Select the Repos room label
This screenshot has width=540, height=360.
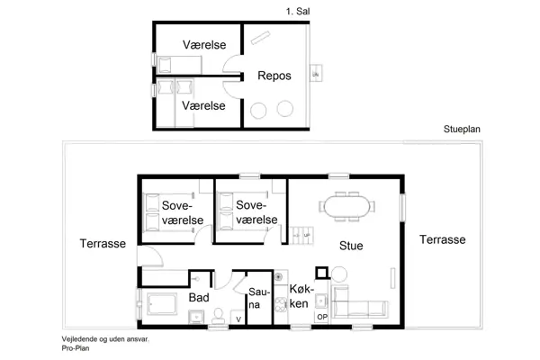pyautogui.click(x=274, y=76)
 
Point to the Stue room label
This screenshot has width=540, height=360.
pyautogui.click(x=351, y=244)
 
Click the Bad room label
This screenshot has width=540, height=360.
pyautogui.click(x=199, y=296)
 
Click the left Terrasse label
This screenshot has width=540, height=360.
pyautogui.click(x=102, y=243)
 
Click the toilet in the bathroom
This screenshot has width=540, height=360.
pyautogui.click(x=218, y=314)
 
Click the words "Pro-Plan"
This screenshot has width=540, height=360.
pyautogui.click(x=76, y=347)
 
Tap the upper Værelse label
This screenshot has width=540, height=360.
pyautogui.click(x=203, y=44)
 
